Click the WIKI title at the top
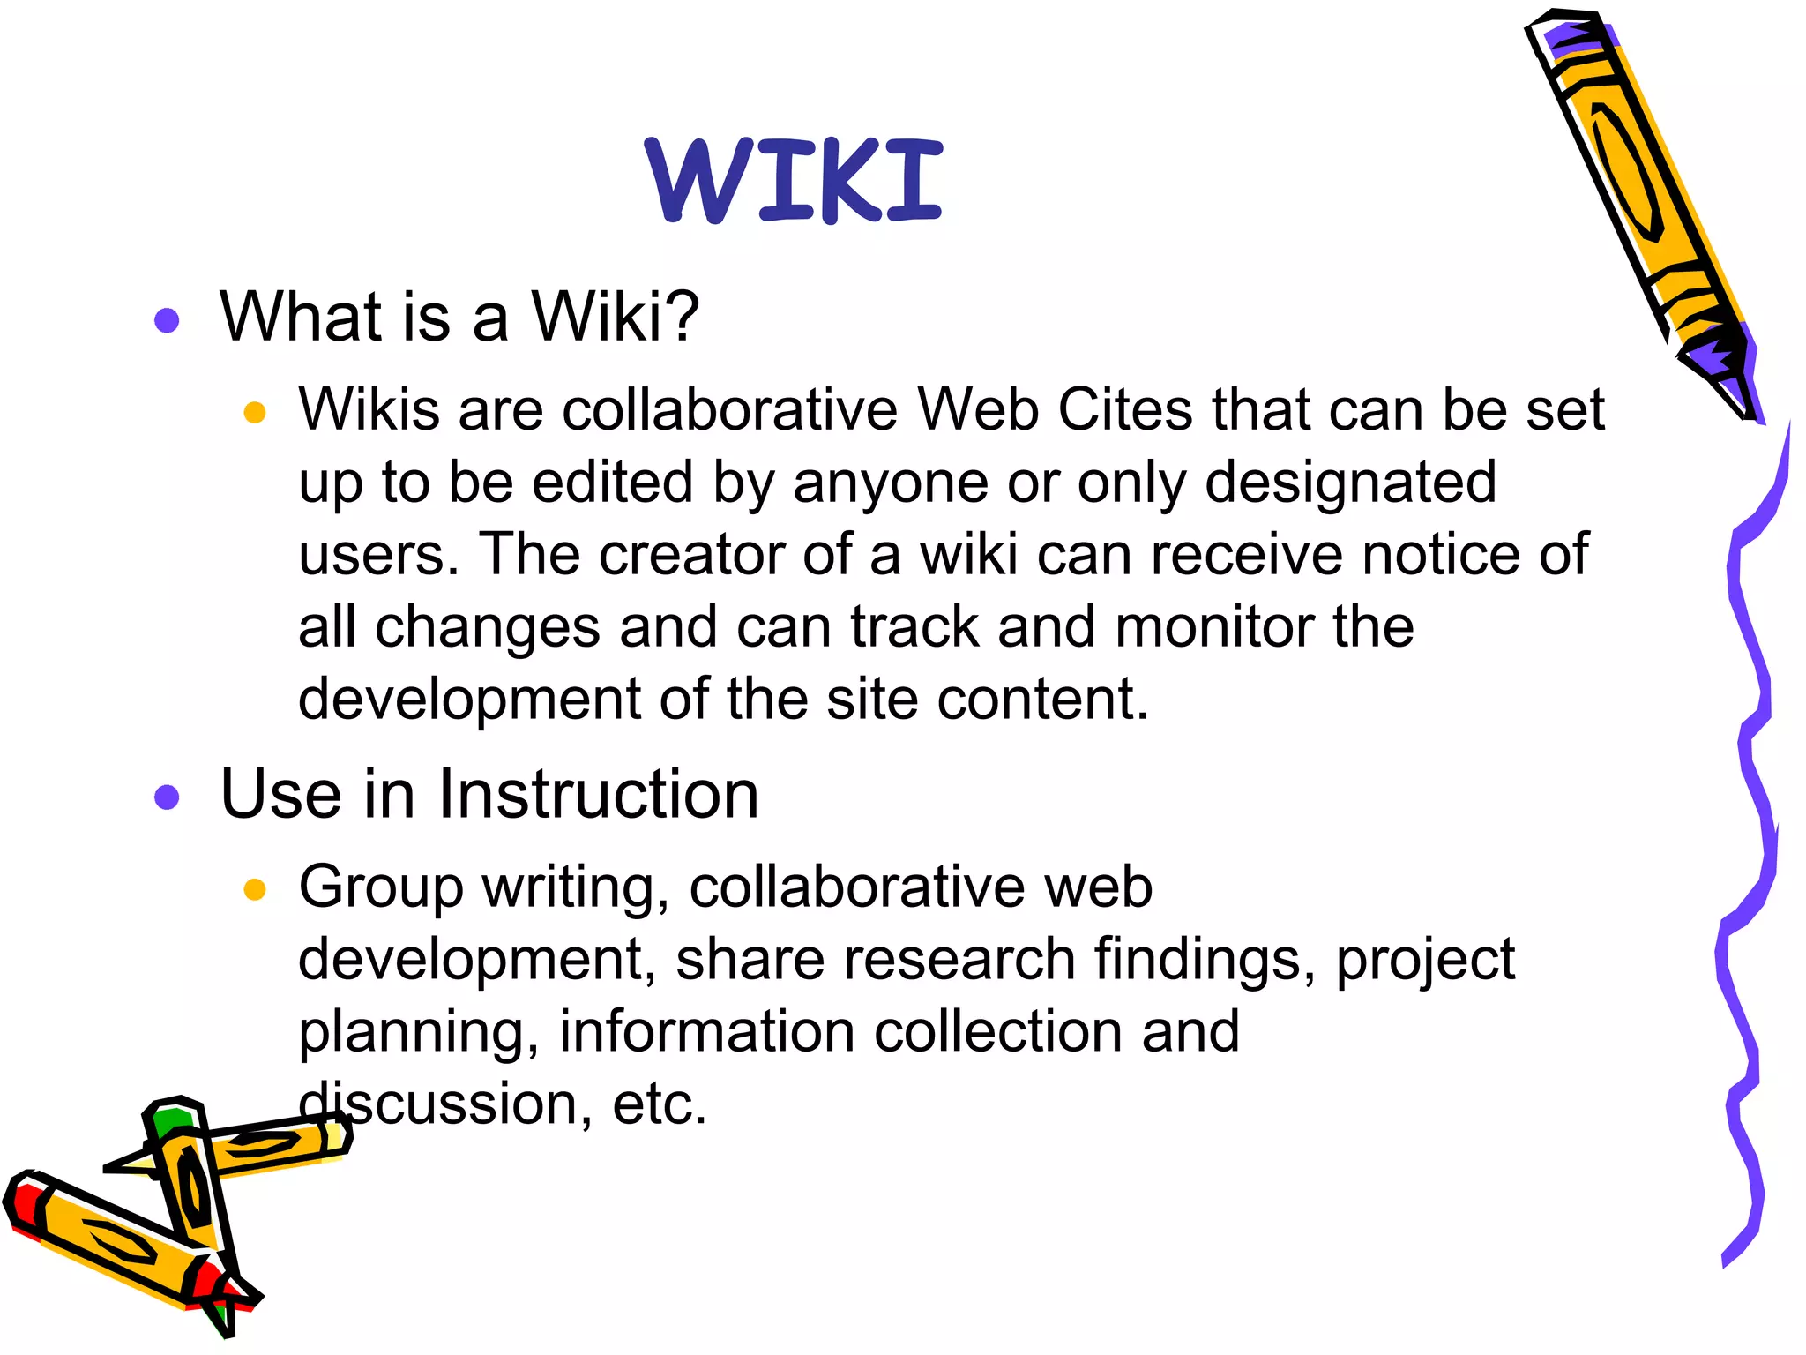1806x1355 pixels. click(794, 181)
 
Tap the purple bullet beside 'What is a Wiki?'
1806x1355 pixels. click(167, 319)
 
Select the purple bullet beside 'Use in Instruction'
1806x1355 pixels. click(167, 797)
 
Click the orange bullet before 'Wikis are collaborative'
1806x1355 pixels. click(255, 412)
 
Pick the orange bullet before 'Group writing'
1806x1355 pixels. click(255, 889)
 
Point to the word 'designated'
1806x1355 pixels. click(1350, 483)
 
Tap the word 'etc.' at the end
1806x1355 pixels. click(660, 1104)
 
